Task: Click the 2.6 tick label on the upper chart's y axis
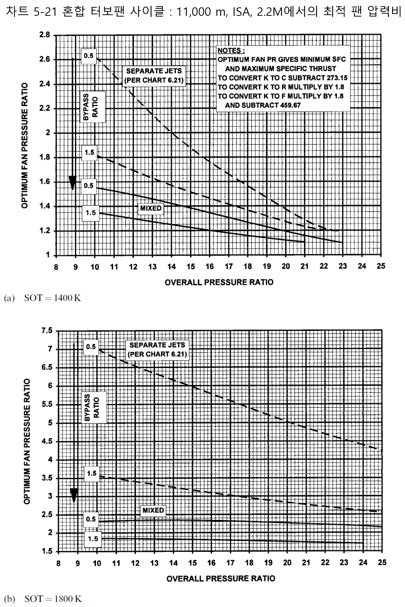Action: (x=44, y=60)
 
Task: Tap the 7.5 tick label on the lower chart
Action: (x=47, y=331)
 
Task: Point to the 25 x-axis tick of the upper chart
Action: (x=381, y=266)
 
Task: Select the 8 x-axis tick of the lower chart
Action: (x=58, y=563)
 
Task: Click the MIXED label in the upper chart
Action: (x=151, y=208)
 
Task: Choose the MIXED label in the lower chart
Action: (x=153, y=510)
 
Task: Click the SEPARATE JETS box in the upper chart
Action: (x=154, y=75)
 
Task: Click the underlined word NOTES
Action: (x=231, y=51)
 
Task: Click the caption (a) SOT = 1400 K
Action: (x=42, y=298)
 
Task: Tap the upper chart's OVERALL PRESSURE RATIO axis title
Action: (x=219, y=282)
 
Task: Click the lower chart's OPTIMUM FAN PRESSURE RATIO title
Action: (x=26, y=441)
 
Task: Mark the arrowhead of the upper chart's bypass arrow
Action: (x=73, y=183)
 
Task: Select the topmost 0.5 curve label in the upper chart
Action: (x=89, y=56)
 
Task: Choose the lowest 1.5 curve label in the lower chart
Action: (x=93, y=539)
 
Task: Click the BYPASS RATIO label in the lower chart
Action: (x=92, y=408)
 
